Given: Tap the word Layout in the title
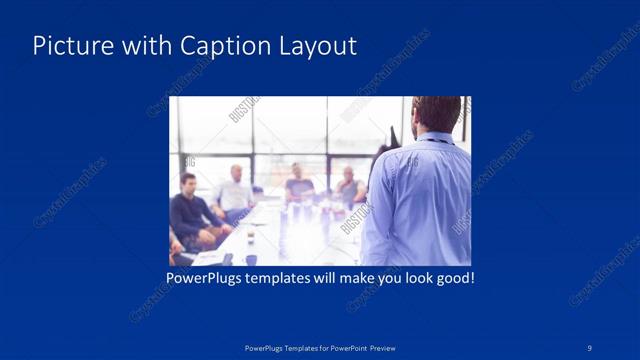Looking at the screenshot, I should click(x=313, y=46).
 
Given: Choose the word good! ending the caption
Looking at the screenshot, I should click(x=452, y=276).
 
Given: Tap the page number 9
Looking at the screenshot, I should click(x=590, y=347).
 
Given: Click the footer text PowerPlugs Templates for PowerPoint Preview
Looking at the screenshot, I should click(x=319, y=347).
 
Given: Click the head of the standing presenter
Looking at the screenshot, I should click(x=436, y=114).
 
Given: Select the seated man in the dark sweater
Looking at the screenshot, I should click(x=190, y=210).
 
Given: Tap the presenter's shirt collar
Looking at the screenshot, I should click(x=433, y=138).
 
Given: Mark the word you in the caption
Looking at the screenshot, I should click(x=384, y=276).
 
